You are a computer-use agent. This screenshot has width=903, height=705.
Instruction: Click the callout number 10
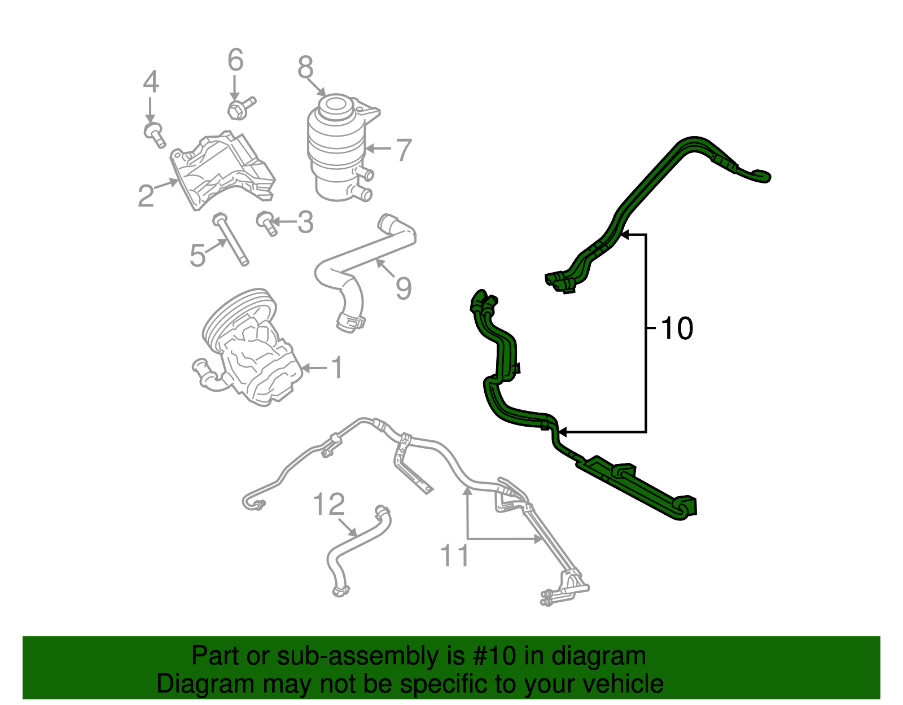coord(676,329)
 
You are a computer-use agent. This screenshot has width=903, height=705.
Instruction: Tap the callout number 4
coord(151,82)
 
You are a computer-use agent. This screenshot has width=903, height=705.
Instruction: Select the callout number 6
coord(235,60)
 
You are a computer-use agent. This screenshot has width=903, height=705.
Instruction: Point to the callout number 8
coord(305,68)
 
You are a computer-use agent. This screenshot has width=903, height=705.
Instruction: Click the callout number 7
coord(404,150)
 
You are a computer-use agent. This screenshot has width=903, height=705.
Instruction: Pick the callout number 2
coord(146,196)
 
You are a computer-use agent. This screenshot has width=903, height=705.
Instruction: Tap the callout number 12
coord(328,504)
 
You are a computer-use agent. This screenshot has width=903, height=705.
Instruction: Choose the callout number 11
coord(454,556)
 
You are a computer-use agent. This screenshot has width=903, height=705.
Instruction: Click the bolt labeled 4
coord(154,133)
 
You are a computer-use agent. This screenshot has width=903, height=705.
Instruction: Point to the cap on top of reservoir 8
coord(333,106)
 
